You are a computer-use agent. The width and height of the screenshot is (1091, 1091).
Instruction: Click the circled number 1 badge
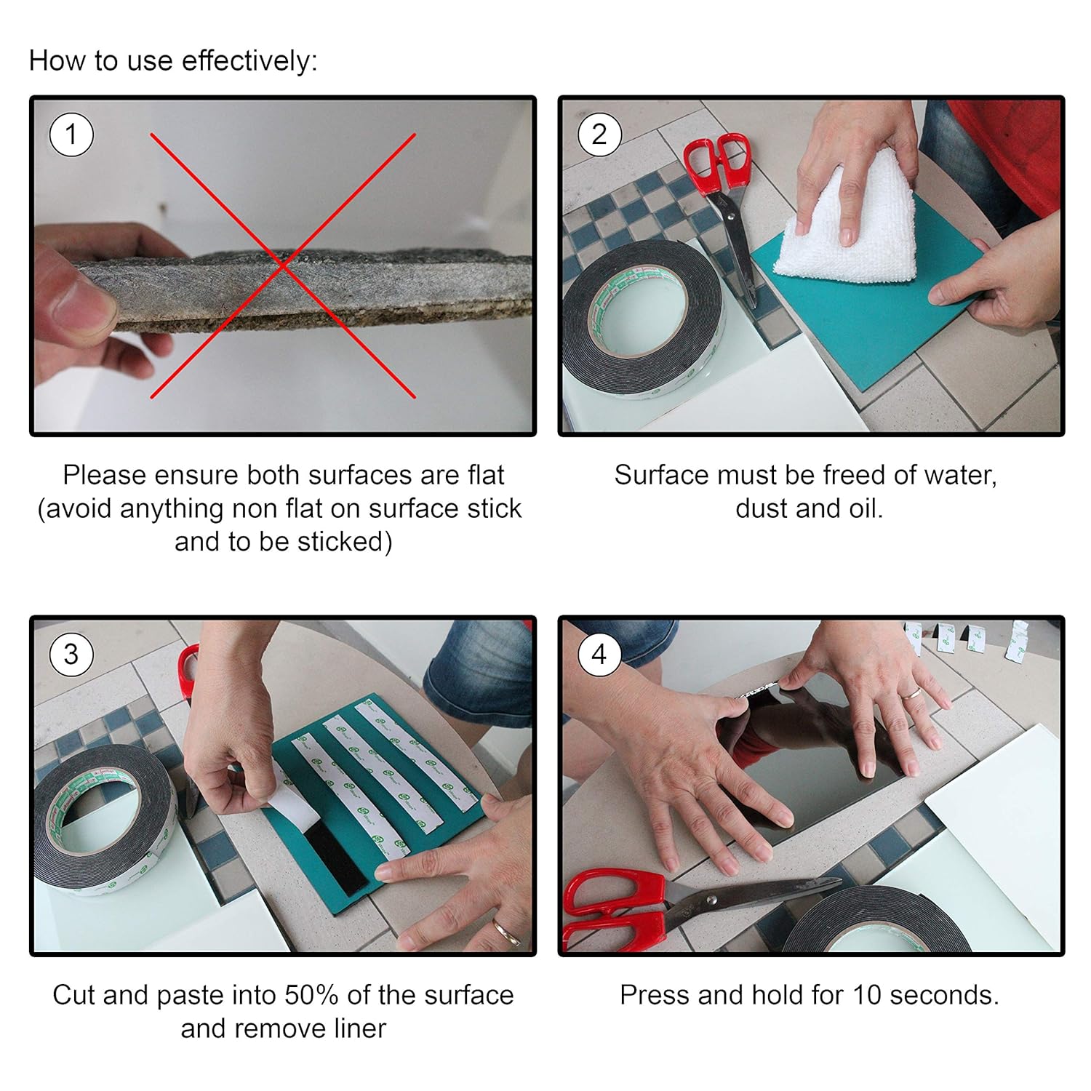71,135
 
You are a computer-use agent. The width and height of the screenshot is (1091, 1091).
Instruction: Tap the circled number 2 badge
599,135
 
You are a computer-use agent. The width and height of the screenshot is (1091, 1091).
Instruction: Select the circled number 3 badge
71,655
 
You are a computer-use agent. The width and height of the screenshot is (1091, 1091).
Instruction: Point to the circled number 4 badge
599,655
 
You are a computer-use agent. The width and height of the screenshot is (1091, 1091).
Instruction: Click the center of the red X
283,265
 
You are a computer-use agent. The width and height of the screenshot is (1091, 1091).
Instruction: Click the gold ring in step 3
506,932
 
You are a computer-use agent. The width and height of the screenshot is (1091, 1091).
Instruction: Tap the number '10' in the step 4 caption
868,995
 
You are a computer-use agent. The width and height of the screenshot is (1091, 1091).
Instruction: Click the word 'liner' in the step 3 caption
356,1028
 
